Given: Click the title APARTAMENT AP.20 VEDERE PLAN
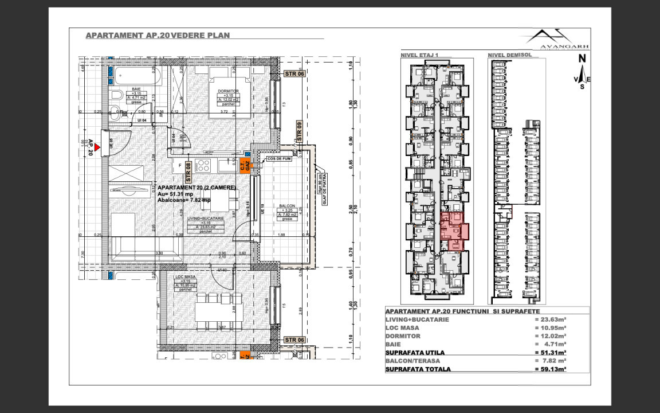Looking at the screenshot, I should [158, 35].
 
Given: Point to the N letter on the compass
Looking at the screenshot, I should [582, 58].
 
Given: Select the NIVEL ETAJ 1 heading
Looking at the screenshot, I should [419, 55].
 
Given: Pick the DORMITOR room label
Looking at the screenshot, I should [227, 91].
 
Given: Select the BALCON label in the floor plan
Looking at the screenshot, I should [287, 205].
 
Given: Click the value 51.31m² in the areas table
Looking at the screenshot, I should [550, 352].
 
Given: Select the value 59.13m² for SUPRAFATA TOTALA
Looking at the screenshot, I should [550, 369].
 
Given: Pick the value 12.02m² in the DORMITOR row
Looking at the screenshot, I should [550, 336].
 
